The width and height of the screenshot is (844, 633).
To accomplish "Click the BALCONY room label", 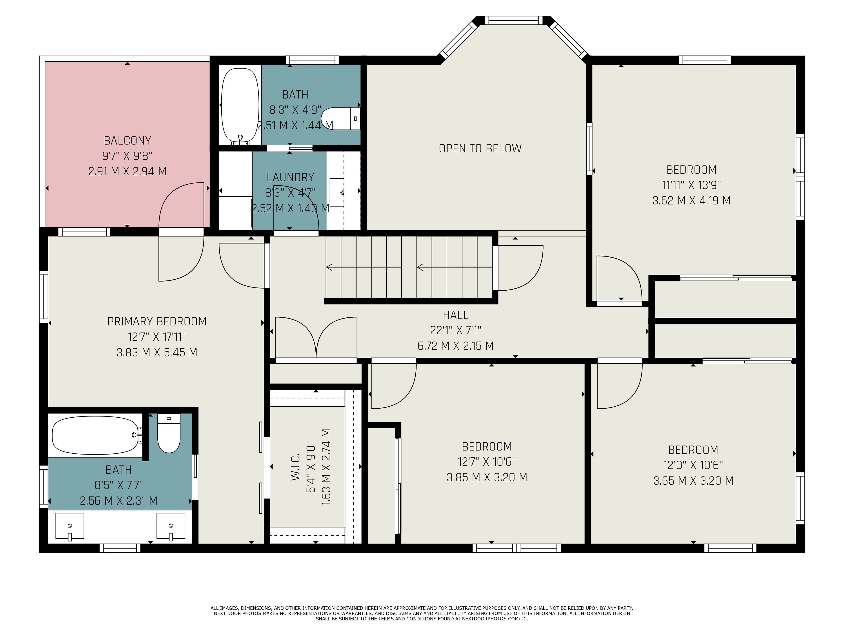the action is [x=127, y=141].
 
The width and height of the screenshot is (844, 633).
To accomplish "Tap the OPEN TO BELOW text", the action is [x=480, y=148].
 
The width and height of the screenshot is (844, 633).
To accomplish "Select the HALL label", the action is [x=456, y=315].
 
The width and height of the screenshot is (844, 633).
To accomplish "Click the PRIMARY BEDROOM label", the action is [x=157, y=322].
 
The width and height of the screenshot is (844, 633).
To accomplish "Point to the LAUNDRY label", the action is [x=290, y=177].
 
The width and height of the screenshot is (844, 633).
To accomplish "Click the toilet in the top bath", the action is [x=341, y=118].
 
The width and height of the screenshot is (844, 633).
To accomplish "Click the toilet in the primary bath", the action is [x=169, y=434].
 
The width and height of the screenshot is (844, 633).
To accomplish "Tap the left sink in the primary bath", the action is [x=70, y=527].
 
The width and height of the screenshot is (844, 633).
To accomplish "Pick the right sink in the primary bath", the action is [x=171, y=527].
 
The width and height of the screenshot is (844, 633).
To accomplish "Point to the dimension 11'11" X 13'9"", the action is [x=691, y=185].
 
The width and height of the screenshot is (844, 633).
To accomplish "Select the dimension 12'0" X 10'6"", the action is [x=693, y=465].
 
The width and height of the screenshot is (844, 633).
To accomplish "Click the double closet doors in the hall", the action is [x=316, y=338].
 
